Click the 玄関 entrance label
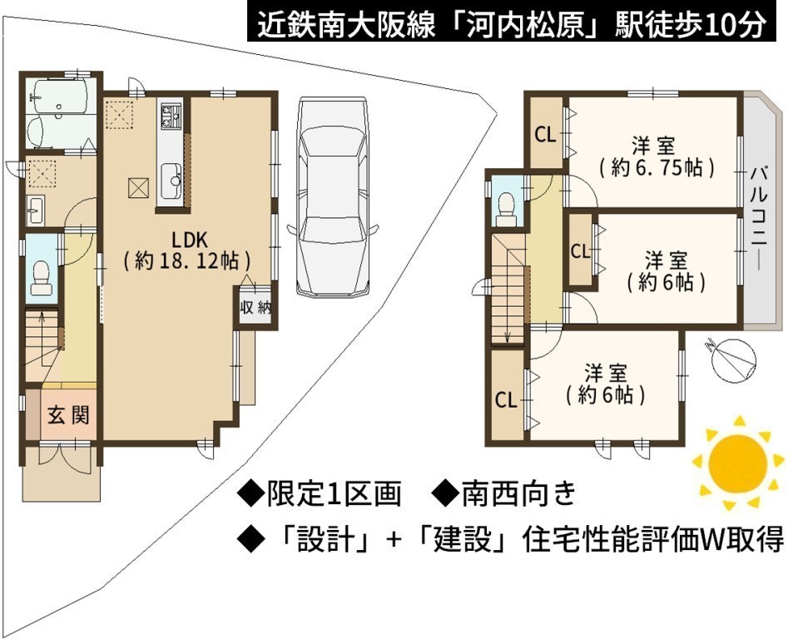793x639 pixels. coord(68,415)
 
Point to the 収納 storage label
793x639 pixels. coord(256,306)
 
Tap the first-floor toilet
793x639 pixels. coord(41,277)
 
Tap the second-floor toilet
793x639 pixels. coord(505,211)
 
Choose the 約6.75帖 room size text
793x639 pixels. coord(656,167)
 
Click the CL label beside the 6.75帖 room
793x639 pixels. coord(545,135)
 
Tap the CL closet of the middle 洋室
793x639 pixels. coord(580,251)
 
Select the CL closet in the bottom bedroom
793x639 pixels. coord(506,400)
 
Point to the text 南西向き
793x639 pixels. coord(519,494)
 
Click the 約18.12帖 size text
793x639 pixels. coord(187,261)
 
